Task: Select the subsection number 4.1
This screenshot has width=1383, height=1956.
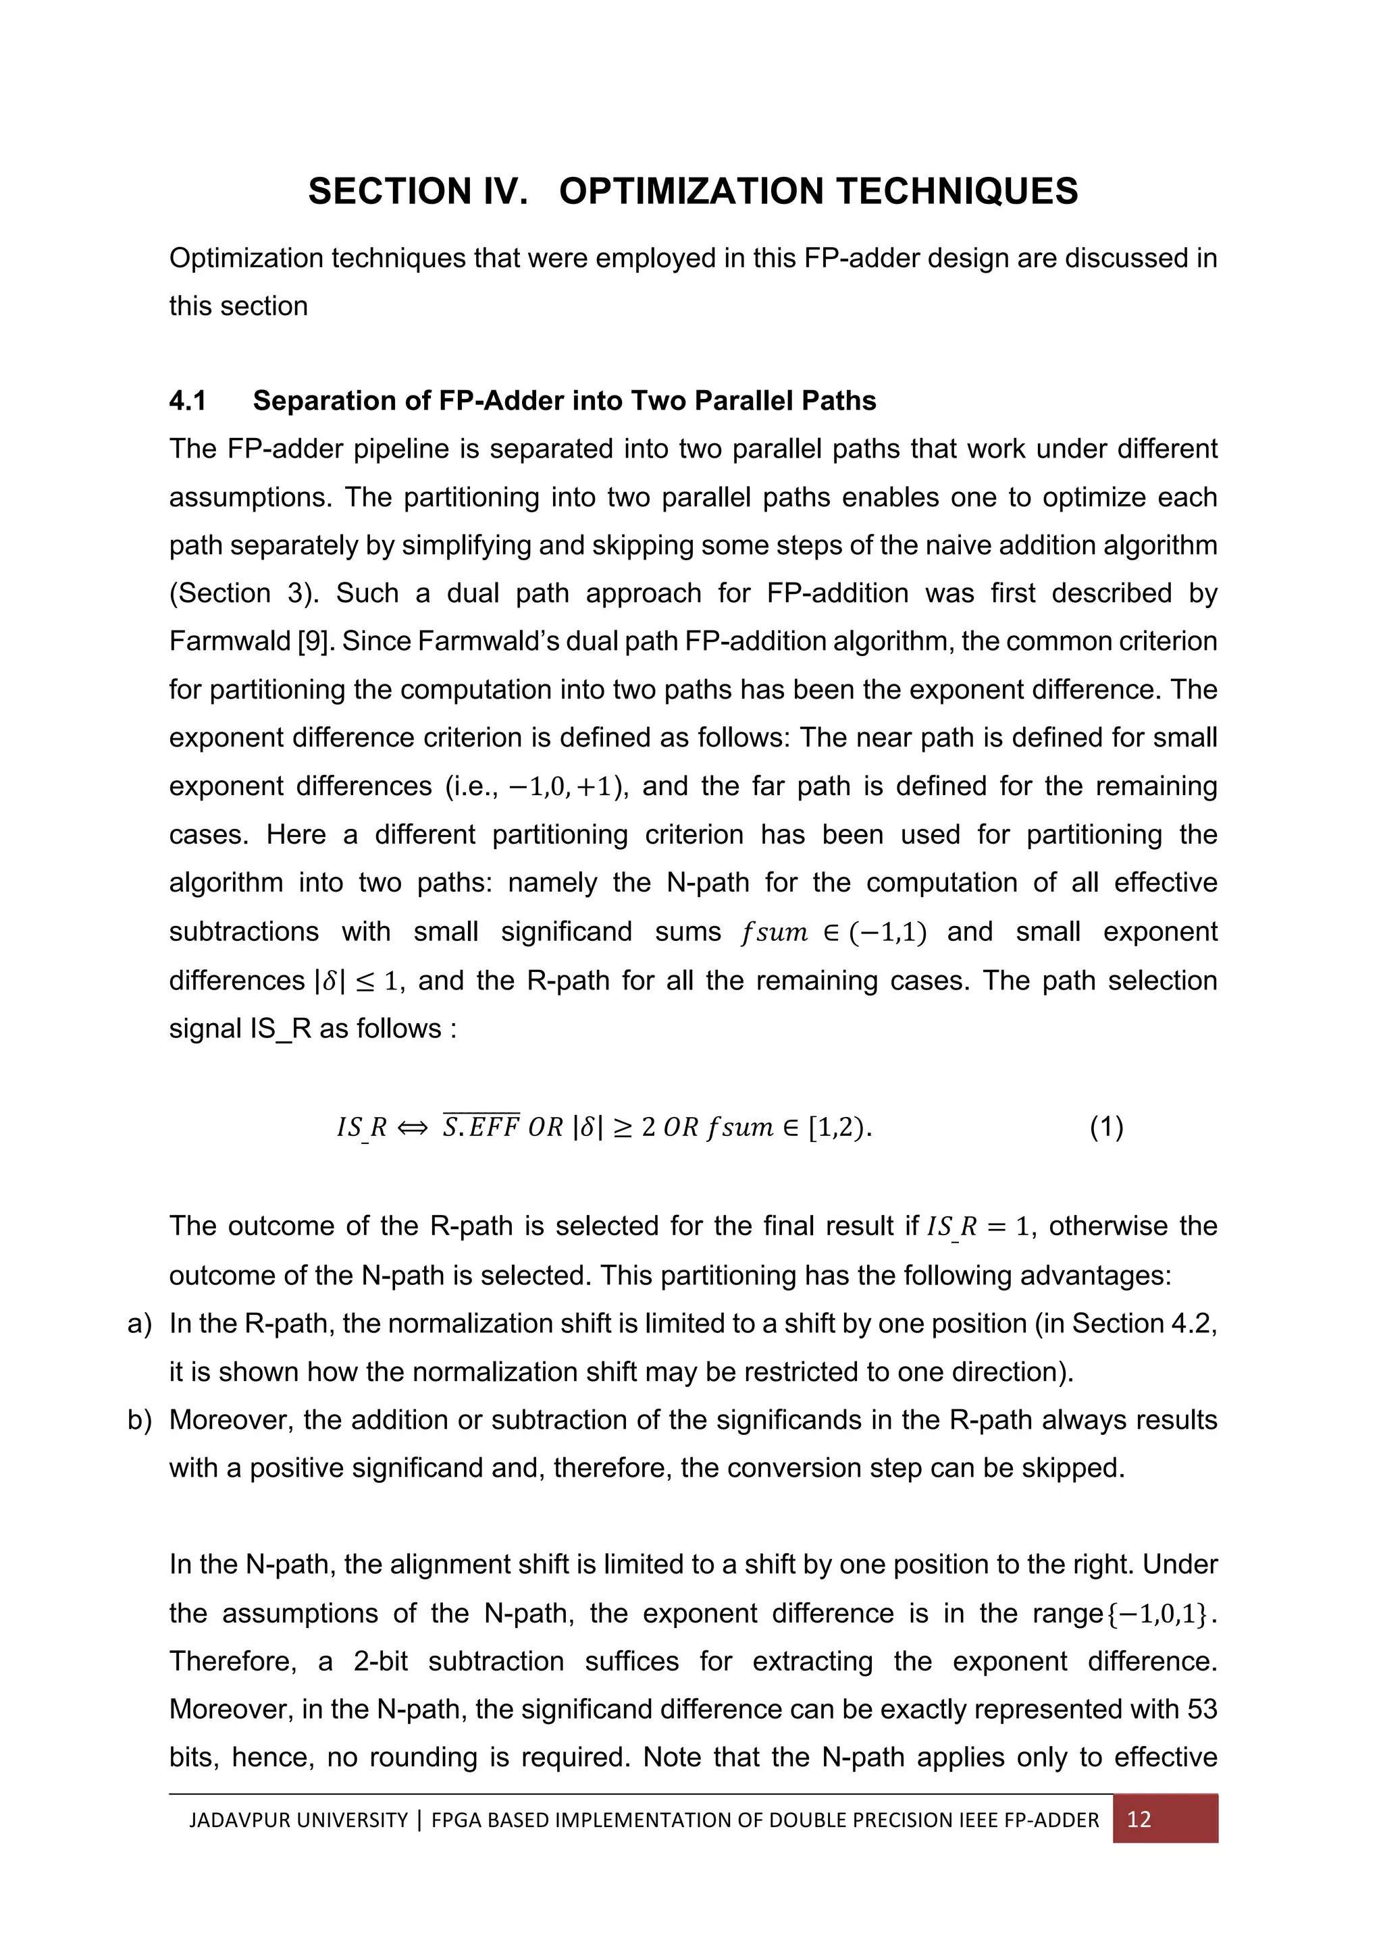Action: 188,400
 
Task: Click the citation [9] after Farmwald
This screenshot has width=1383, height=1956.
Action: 312,641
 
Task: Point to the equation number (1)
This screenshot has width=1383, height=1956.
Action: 1106,1127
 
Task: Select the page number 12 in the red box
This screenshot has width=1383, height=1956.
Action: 1139,1820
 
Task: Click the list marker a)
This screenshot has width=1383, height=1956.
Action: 139,1323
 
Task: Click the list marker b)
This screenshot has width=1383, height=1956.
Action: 139,1420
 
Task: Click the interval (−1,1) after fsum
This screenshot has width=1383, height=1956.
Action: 883,932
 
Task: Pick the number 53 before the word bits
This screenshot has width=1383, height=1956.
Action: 1200,1709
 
